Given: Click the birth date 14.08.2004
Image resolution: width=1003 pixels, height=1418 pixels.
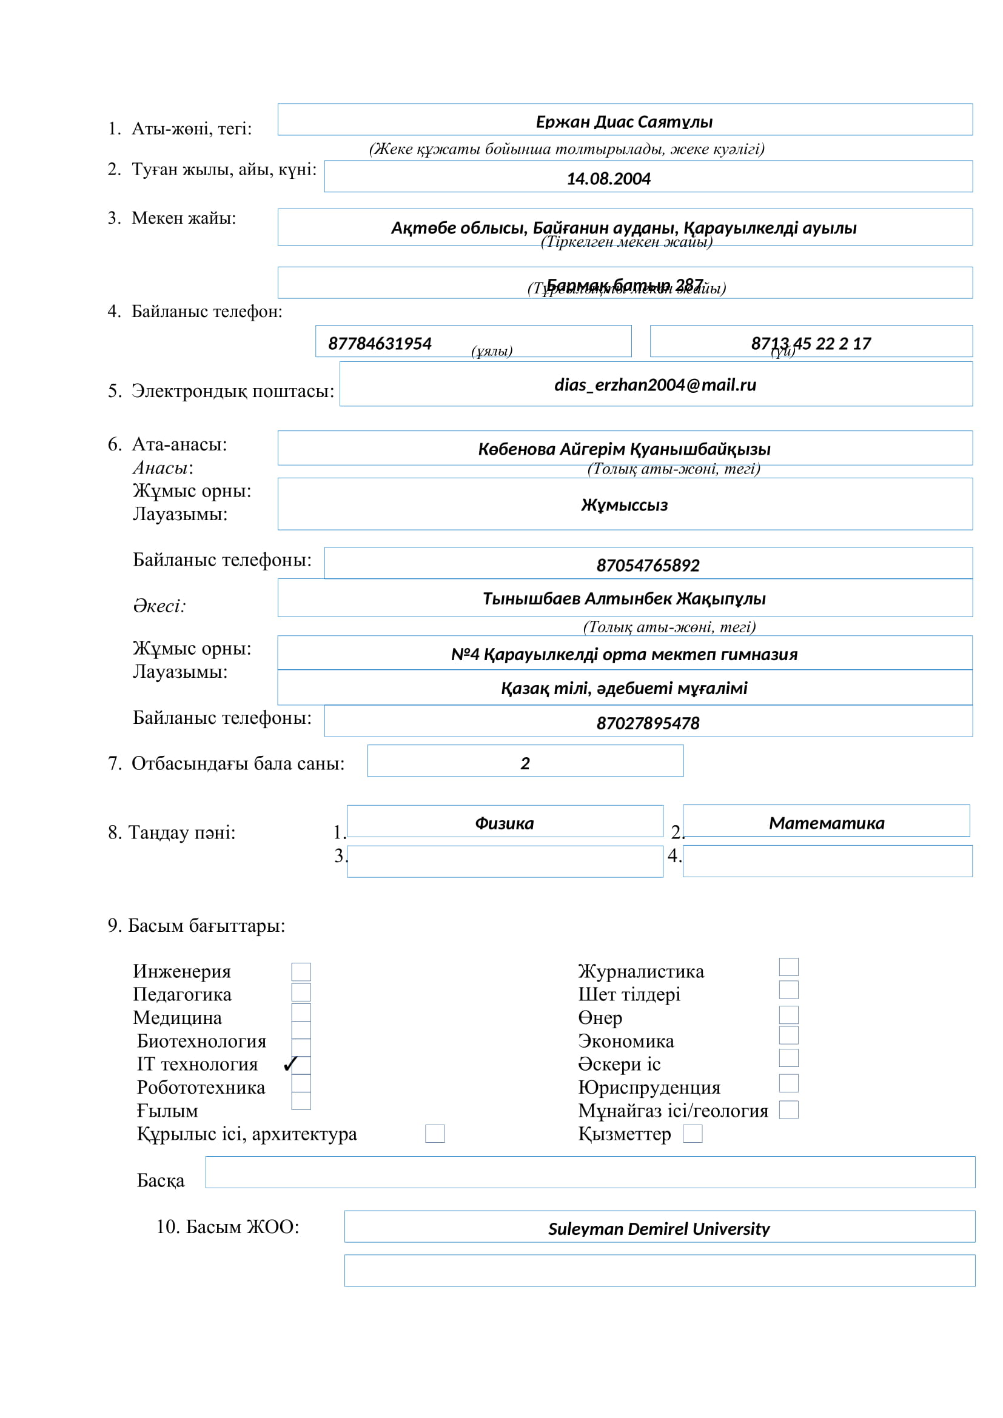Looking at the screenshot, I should pos(608,178).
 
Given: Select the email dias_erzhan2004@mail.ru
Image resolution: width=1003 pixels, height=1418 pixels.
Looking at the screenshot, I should pos(655,385).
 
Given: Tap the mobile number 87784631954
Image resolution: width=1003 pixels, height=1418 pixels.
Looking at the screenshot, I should pos(379,343).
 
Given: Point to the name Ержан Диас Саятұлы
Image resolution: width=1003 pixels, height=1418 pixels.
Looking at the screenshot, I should pos(624,122).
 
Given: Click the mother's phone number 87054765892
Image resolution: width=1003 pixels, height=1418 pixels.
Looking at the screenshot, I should pos(647,565).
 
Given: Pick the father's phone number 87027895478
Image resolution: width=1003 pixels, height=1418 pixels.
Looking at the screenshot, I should pos(647,723).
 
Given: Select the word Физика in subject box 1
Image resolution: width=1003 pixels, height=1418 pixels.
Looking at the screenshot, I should pos(504,823).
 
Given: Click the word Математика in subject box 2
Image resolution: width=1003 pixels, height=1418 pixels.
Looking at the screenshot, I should pos(827,823).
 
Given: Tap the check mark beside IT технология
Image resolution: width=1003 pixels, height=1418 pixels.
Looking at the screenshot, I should pos(290,1064).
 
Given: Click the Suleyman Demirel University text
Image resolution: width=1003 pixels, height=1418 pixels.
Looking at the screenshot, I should pos(659,1229).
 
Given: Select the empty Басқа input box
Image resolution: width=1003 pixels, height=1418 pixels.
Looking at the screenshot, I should pos(590,1172).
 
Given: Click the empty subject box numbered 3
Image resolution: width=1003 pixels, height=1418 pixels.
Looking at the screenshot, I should pos(505,861).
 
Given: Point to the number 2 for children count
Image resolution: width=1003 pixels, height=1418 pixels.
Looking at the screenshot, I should pos(525,764).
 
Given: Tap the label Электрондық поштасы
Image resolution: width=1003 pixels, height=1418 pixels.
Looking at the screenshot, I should pos(232,391).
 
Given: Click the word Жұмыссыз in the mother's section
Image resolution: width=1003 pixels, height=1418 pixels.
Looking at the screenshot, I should pos(624,505).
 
